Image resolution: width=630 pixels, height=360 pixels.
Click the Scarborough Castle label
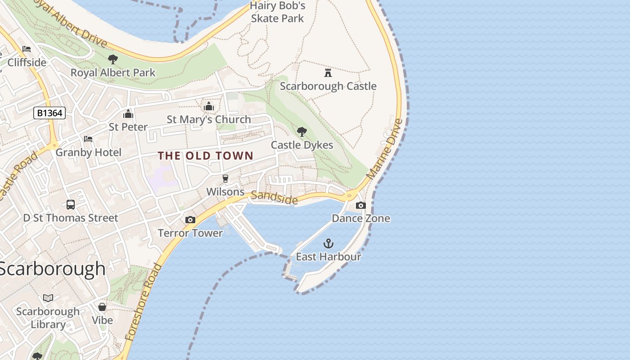click(x=328, y=86)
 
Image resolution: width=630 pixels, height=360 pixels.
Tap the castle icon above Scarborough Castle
click(x=328, y=72)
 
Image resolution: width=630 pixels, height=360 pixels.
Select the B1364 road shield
click(x=49, y=113)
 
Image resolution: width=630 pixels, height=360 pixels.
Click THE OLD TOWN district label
click(x=206, y=156)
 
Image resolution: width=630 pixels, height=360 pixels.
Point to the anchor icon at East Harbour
click(x=328, y=244)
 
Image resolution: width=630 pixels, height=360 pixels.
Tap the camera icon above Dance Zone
click(x=360, y=206)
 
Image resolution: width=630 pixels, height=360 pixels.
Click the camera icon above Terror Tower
click(x=190, y=220)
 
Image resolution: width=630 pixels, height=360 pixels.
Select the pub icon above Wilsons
click(x=225, y=179)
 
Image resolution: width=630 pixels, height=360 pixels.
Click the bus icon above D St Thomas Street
click(x=71, y=205)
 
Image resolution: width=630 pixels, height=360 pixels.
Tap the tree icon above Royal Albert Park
click(x=113, y=59)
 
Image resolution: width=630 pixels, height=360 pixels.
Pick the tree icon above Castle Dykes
click(x=302, y=132)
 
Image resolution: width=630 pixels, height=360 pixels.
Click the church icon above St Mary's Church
click(x=209, y=106)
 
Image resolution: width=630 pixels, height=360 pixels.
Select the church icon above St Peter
click(x=128, y=114)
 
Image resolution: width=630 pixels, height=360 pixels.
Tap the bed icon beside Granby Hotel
click(x=88, y=139)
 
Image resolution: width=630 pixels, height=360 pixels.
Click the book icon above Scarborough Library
click(x=48, y=298)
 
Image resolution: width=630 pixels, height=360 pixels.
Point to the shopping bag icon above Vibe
click(x=102, y=307)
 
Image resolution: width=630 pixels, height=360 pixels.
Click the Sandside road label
click(x=274, y=197)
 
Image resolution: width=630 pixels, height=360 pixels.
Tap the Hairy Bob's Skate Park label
click(x=278, y=12)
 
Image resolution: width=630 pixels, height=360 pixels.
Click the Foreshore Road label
click(x=143, y=302)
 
